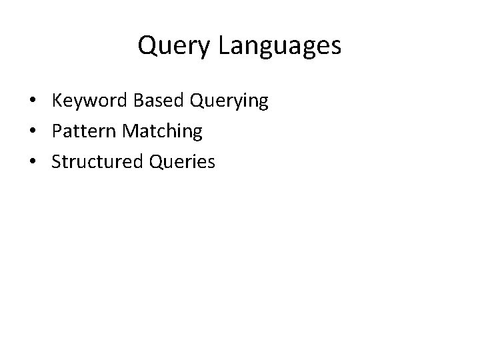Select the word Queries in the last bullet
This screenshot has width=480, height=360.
point(181,162)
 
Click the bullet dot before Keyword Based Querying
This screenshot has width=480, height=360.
point(32,102)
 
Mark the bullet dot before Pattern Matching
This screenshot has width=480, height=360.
point(32,132)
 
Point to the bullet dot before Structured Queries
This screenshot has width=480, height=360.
point(32,162)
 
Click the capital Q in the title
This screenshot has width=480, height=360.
point(146,46)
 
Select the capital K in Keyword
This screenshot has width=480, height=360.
point(57,101)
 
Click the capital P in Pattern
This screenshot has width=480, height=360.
point(57,131)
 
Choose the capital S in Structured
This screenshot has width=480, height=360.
point(57,161)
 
